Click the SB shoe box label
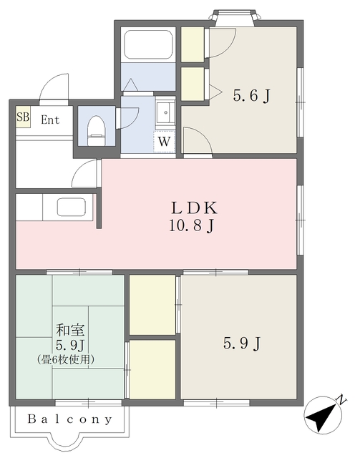(x=23, y=117)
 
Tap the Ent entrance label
(x=50, y=120)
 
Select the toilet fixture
(x=96, y=130)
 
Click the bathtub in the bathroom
(x=148, y=44)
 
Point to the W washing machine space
(x=164, y=142)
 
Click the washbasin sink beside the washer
(x=165, y=113)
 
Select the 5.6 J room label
(x=251, y=95)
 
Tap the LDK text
(x=195, y=208)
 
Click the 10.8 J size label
(x=192, y=226)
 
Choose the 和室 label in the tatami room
(x=70, y=330)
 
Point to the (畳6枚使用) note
(x=66, y=359)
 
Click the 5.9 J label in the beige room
(x=242, y=343)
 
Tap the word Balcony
(x=70, y=419)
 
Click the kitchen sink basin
(x=72, y=207)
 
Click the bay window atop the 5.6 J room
(x=233, y=17)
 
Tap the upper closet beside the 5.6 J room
(x=193, y=44)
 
